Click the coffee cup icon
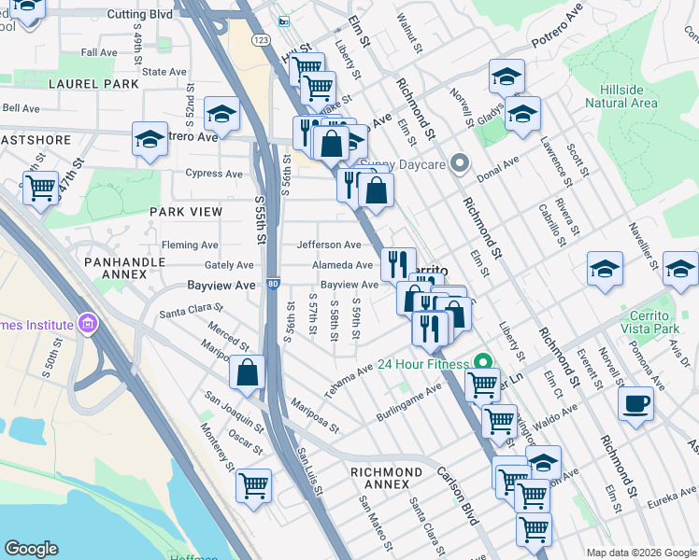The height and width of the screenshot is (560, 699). pyautogui.click(x=635, y=404)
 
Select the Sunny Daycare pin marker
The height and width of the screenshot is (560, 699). pyautogui.click(x=459, y=164)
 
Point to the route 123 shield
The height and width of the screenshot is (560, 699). pyautogui.click(x=262, y=40)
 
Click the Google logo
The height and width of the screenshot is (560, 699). pyautogui.click(x=32, y=548)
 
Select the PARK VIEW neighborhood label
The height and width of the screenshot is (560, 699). pyautogui.click(x=187, y=212)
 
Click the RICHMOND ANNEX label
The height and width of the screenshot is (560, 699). pyautogui.click(x=392, y=478)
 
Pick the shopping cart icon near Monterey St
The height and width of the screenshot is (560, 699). pyautogui.click(x=253, y=485)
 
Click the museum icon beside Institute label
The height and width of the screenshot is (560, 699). pyautogui.click(x=89, y=326)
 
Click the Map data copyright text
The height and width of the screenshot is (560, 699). pyautogui.click(x=640, y=552)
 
